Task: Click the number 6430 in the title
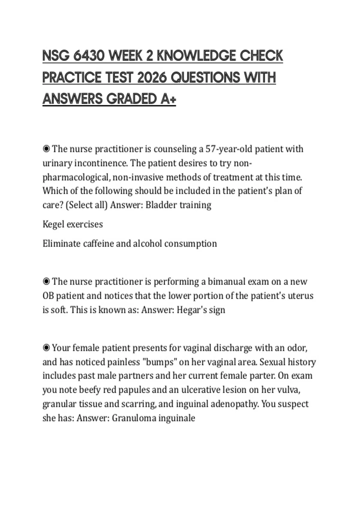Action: click(88, 56)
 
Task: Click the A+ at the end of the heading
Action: click(168, 99)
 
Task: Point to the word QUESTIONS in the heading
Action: click(205, 78)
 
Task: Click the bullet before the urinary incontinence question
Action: click(46, 149)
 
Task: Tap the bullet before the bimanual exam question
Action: click(46, 281)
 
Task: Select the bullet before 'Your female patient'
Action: click(46, 348)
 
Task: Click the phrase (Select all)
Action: click(86, 205)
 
